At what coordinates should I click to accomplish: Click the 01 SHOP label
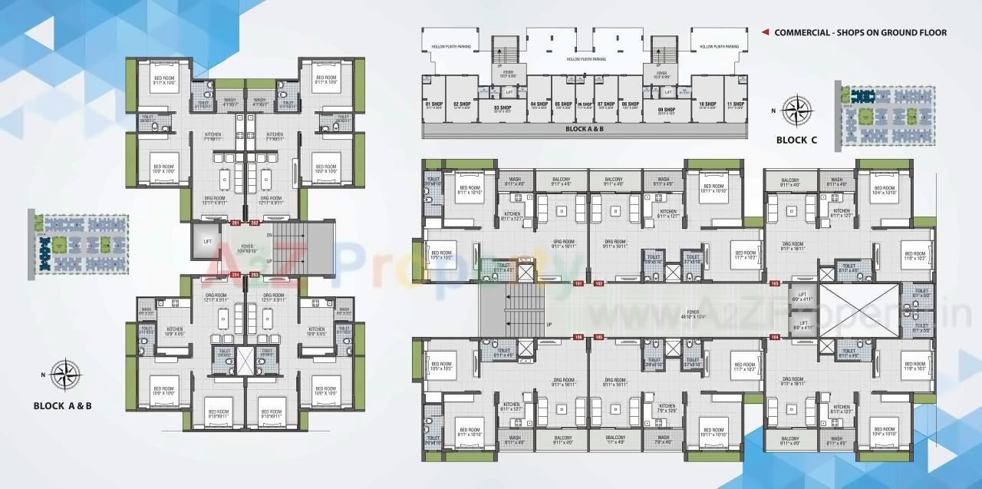click(433, 104)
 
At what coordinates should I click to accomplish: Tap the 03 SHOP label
click(503, 108)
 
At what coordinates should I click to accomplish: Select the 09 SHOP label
click(666, 110)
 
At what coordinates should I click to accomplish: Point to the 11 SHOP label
click(735, 104)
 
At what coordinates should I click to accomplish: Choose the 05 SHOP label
click(563, 104)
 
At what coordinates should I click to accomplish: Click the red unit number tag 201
click(236, 223)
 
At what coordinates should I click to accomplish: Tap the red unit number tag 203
click(236, 274)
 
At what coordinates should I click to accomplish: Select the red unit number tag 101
click(579, 283)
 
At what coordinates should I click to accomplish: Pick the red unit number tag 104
click(775, 336)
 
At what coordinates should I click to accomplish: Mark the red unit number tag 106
click(579, 336)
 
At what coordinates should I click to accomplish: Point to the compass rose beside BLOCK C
click(798, 110)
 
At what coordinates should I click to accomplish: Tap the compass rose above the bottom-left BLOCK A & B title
click(68, 375)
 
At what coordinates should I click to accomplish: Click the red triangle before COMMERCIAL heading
click(765, 32)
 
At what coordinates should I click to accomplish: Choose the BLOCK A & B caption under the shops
click(585, 129)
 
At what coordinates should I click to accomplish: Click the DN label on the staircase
click(269, 235)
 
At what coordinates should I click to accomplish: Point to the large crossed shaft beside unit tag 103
click(859, 309)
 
